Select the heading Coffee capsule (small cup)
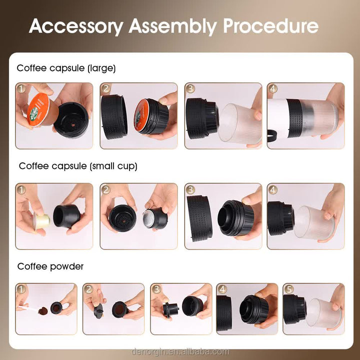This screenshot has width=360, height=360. tap(78, 166)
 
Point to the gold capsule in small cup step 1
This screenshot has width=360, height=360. tap(41, 220)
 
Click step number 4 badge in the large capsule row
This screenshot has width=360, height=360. tap(273, 89)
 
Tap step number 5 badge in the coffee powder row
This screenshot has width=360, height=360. tap(288, 289)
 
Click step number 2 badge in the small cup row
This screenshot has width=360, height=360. tap(106, 190)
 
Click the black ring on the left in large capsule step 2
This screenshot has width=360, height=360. tap(114, 116)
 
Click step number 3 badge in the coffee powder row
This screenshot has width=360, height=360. tap(156, 289)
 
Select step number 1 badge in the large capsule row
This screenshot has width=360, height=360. tap(21, 89)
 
